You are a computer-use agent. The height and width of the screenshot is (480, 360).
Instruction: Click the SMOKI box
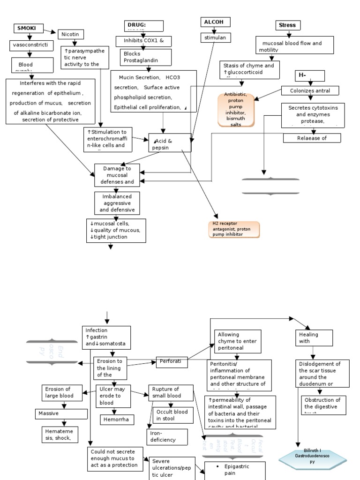click(27, 29)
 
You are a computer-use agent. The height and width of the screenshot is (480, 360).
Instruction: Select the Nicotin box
click(71, 34)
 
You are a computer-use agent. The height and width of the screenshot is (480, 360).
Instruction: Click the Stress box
click(288, 25)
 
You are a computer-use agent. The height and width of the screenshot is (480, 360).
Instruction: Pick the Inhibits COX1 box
click(144, 41)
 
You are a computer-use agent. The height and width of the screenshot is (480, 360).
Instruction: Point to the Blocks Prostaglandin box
click(139, 57)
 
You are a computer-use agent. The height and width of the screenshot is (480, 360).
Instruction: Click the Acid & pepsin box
click(170, 142)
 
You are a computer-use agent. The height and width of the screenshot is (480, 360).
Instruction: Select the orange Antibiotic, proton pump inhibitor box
click(236, 110)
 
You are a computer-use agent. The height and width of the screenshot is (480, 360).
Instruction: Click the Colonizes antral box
click(310, 90)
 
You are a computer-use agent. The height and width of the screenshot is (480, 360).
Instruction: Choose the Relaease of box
click(312, 138)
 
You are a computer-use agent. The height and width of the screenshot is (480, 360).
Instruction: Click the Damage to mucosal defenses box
click(117, 174)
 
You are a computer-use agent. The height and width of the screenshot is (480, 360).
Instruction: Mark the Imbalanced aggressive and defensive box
click(117, 202)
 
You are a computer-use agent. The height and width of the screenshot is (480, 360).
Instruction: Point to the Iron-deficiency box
click(167, 437)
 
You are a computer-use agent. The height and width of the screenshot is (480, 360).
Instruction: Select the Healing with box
click(314, 337)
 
